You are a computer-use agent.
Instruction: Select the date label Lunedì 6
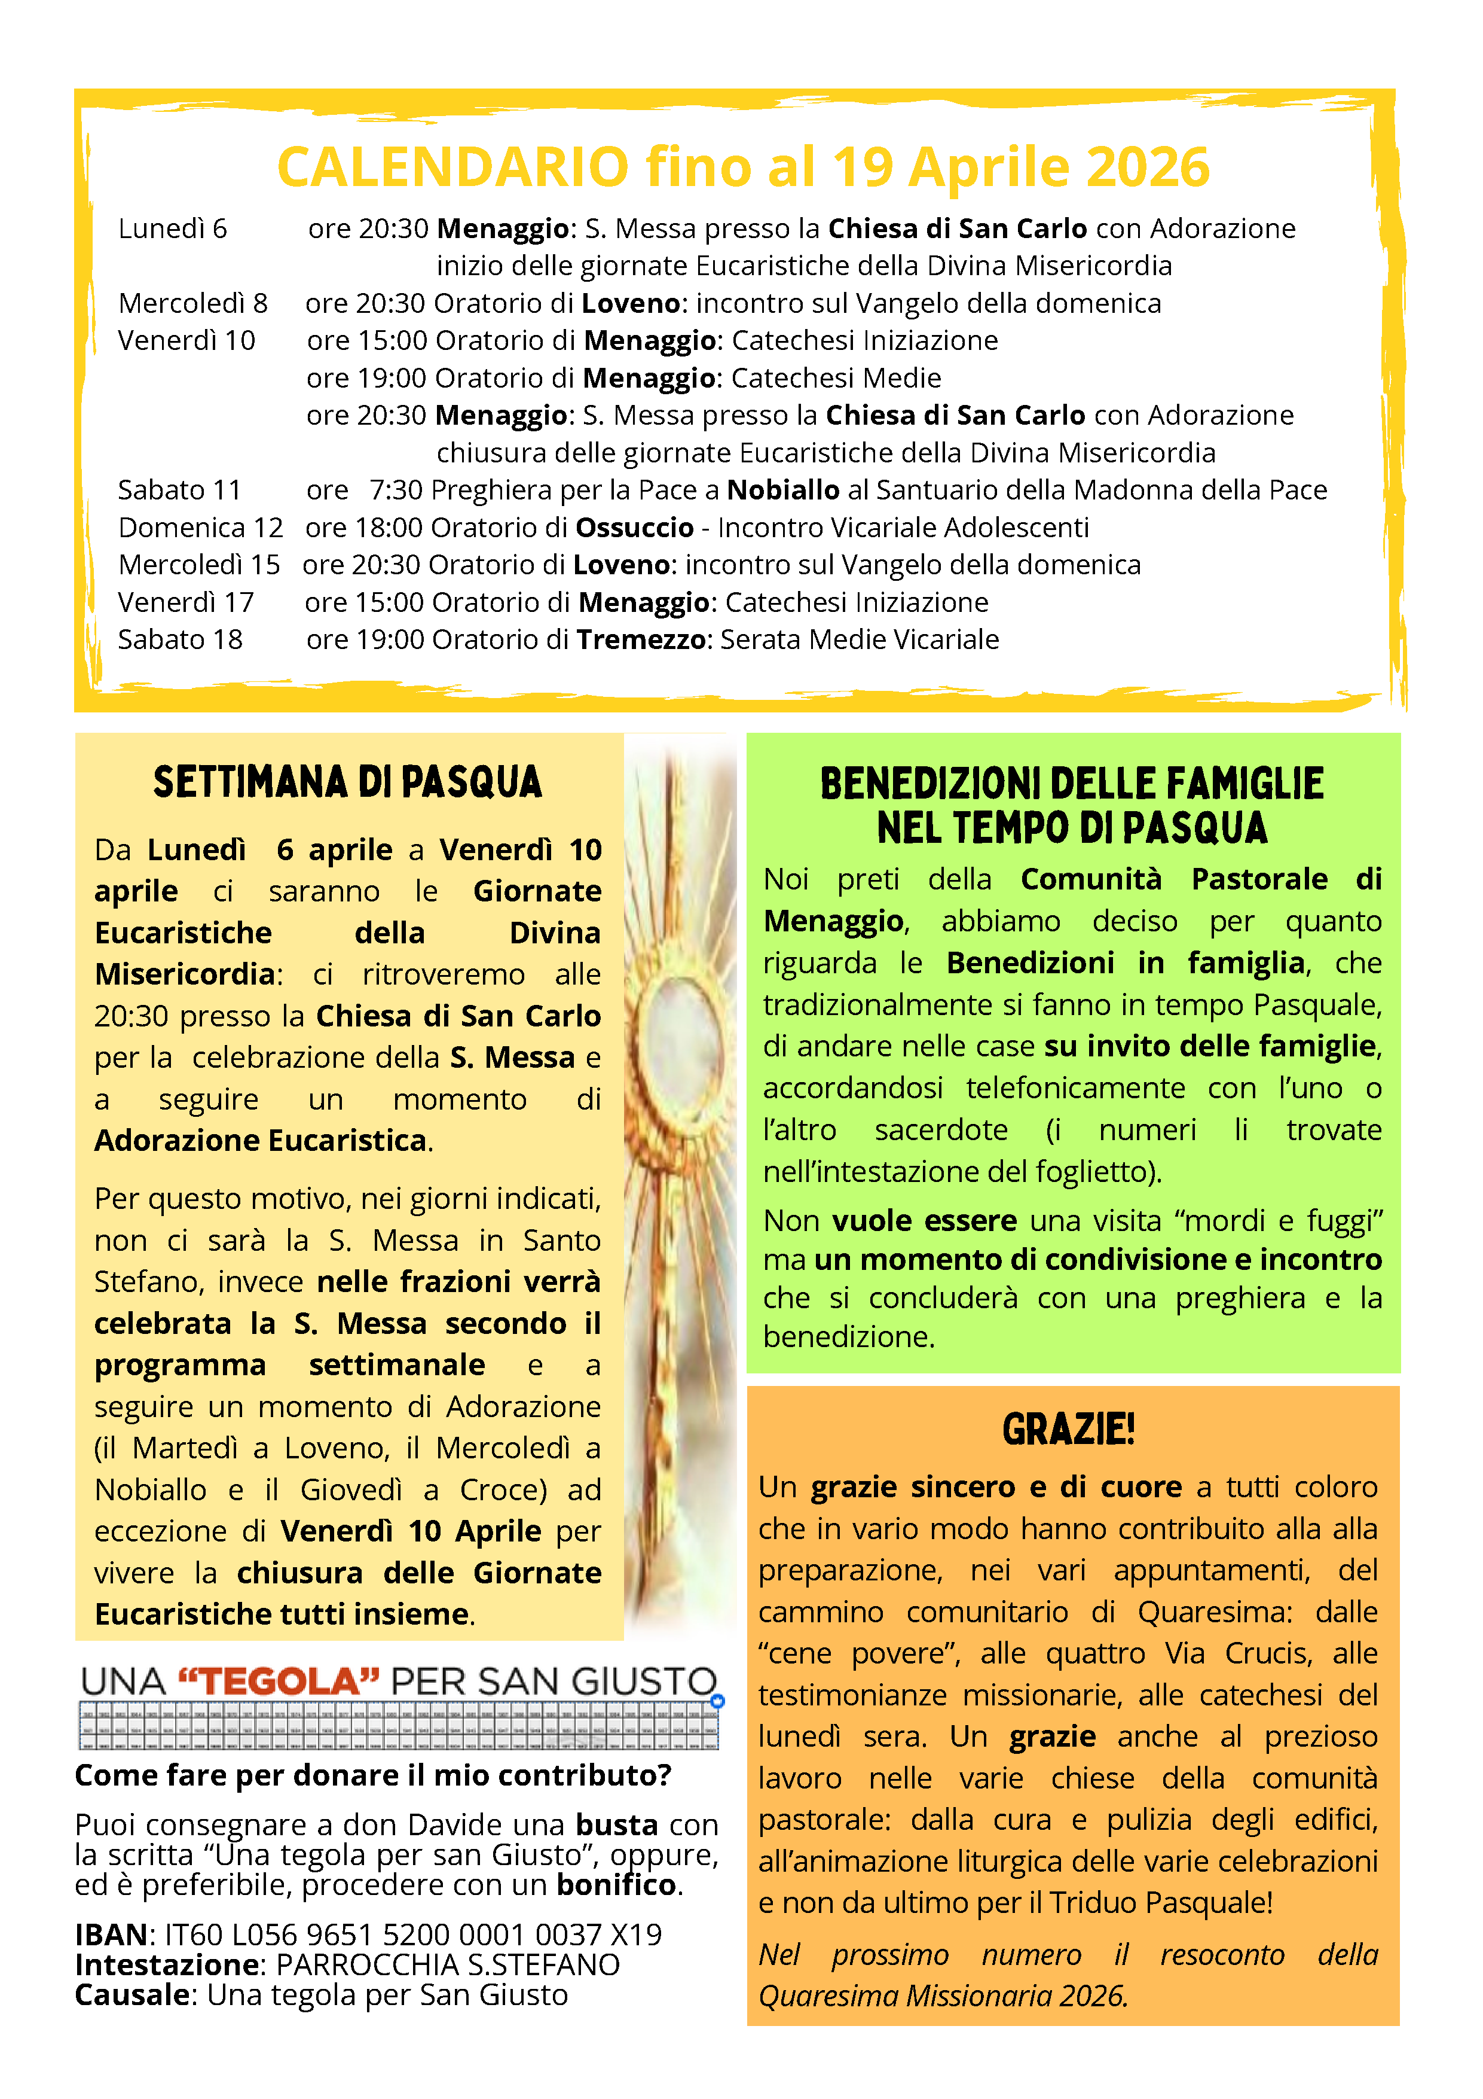pyautogui.click(x=173, y=229)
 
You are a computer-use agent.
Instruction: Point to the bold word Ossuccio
pyautogui.click(x=634, y=528)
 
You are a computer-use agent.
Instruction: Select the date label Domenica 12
pyautogui.click(x=200, y=528)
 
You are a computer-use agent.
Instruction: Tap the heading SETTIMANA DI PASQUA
pyautogui.click(x=347, y=782)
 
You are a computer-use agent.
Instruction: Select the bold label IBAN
pyautogui.click(x=111, y=1935)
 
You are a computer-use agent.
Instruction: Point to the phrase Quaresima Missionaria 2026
pyautogui.click(x=943, y=1995)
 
